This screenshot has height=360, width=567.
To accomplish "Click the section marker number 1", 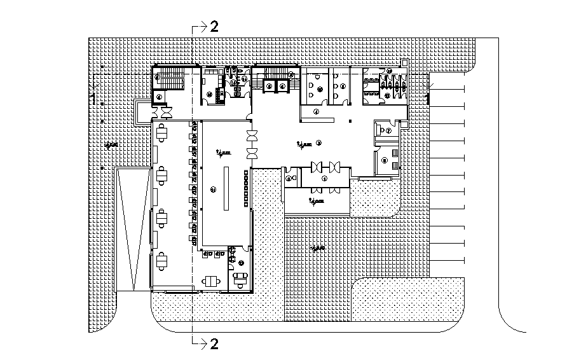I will click(93, 99).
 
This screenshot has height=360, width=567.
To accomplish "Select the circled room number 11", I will click(213, 188).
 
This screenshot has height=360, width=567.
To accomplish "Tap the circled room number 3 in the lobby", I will click(319, 142).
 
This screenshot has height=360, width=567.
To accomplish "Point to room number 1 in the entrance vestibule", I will click(324, 179).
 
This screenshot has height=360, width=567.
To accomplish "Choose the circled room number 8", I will click(385, 161).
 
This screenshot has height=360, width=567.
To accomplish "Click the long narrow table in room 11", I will click(225, 188).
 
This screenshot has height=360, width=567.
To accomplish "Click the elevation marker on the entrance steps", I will click(315, 202).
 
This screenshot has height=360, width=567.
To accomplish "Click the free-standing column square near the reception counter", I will click(350, 121).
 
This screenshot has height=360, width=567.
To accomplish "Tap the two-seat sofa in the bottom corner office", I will click(240, 277).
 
